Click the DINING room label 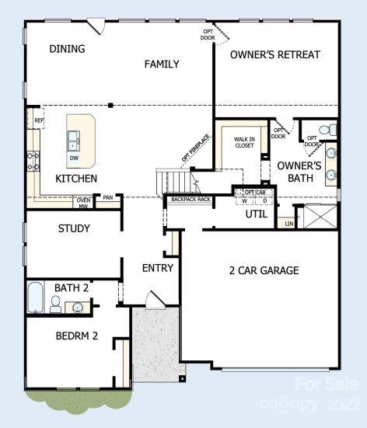tap(67, 49)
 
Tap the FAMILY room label tap(162, 64)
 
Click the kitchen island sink tap(73, 140)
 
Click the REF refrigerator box tap(39, 120)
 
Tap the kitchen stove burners tap(33, 162)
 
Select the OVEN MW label tap(83, 204)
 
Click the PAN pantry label tap(108, 198)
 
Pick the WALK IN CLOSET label tap(244, 142)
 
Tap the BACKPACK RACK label tap(190, 200)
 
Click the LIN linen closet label tap(289, 224)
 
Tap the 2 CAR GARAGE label tap(263, 270)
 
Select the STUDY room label tap(74, 228)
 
